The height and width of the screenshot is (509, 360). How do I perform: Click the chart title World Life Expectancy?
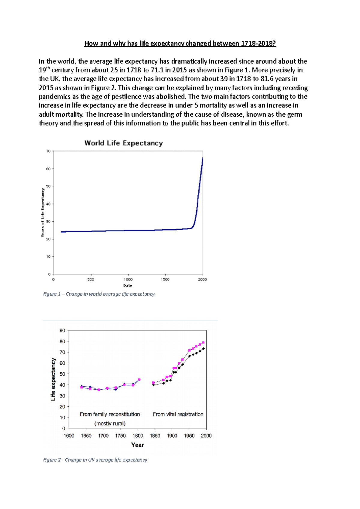(x=124, y=143)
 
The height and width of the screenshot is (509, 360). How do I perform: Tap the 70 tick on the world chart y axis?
(x=48, y=151)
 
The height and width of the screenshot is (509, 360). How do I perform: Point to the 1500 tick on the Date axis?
(x=165, y=279)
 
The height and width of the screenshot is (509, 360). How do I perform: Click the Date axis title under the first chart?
(x=128, y=286)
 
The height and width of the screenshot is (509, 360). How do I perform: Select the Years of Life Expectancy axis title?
(x=43, y=213)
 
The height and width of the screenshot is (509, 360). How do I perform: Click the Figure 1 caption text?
(x=99, y=294)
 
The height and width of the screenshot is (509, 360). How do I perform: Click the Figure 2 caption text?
(x=95, y=460)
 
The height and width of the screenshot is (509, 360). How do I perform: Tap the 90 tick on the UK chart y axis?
(x=62, y=331)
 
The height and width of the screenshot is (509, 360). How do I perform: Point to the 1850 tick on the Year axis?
(x=155, y=436)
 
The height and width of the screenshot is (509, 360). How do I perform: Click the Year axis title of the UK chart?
(x=137, y=445)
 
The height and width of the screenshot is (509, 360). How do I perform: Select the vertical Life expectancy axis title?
(x=53, y=379)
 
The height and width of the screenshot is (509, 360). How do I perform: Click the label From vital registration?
(x=178, y=414)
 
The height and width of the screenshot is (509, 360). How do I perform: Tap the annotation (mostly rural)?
(x=110, y=424)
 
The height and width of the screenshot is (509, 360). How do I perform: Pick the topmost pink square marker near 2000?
(x=203, y=342)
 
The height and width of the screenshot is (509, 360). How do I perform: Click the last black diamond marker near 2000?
(x=204, y=349)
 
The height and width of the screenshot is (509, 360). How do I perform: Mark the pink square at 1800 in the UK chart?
(x=139, y=380)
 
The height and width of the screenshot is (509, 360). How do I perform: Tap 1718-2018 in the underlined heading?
(x=260, y=43)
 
